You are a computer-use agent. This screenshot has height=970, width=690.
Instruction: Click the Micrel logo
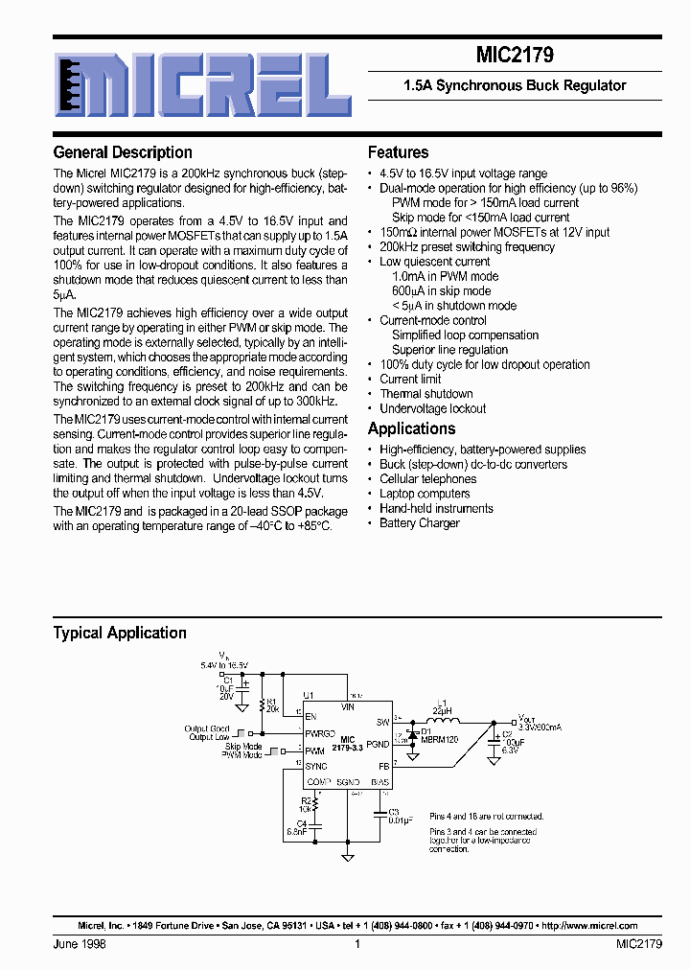coord(203,83)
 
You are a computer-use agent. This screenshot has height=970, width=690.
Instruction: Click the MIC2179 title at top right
coord(515,56)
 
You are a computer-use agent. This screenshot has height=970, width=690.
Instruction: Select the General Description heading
coord(123,152)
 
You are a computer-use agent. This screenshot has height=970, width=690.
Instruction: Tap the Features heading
coord(398,152)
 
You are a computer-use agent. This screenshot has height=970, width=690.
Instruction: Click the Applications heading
coord(411,428)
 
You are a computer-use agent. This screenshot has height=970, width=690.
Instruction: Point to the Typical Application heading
coord(120,633)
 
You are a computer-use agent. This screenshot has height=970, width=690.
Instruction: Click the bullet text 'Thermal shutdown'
coord(425,394)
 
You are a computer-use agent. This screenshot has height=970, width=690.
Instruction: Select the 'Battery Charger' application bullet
coord(419,523)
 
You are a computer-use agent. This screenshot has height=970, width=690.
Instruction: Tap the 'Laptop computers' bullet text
coord(425,494)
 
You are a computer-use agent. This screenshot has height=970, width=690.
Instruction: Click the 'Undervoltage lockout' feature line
coord(432,408)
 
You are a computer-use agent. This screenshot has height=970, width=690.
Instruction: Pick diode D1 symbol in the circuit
coord(411,737)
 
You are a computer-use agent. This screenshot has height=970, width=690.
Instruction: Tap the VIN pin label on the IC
coord(347,706)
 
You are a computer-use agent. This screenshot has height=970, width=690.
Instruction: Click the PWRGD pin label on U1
coord(320,734)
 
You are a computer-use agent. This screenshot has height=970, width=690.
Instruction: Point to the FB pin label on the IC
coord(383,766)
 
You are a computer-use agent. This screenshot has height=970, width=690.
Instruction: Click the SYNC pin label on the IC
coord(316,766)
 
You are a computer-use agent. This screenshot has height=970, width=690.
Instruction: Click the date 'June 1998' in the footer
coord(80,944)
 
